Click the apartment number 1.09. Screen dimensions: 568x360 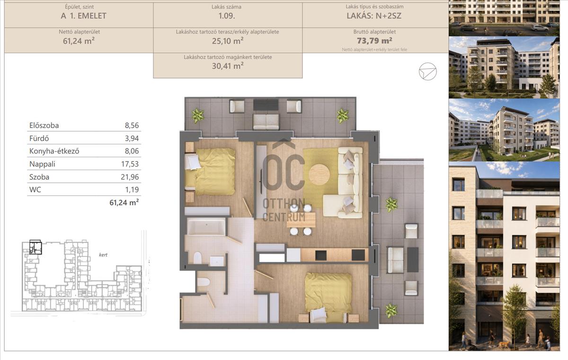226,16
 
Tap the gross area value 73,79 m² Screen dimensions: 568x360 374,41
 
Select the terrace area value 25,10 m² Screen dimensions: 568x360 228,41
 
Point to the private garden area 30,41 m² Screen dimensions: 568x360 228,66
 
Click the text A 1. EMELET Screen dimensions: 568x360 83,16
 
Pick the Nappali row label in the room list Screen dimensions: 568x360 42,164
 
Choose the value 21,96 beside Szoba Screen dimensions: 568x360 130,177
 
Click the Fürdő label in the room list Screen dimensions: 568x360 39,138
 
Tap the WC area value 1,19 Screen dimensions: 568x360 132,189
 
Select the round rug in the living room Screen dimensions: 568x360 319,174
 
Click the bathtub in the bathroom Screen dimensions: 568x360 206,226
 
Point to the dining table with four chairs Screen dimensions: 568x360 301,220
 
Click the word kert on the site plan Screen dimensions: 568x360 103,255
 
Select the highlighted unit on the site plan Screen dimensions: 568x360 35,247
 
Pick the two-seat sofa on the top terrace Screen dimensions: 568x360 266,122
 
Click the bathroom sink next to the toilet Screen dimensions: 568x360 217,261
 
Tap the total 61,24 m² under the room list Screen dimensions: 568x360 124,202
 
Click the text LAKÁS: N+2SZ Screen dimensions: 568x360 374,16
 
